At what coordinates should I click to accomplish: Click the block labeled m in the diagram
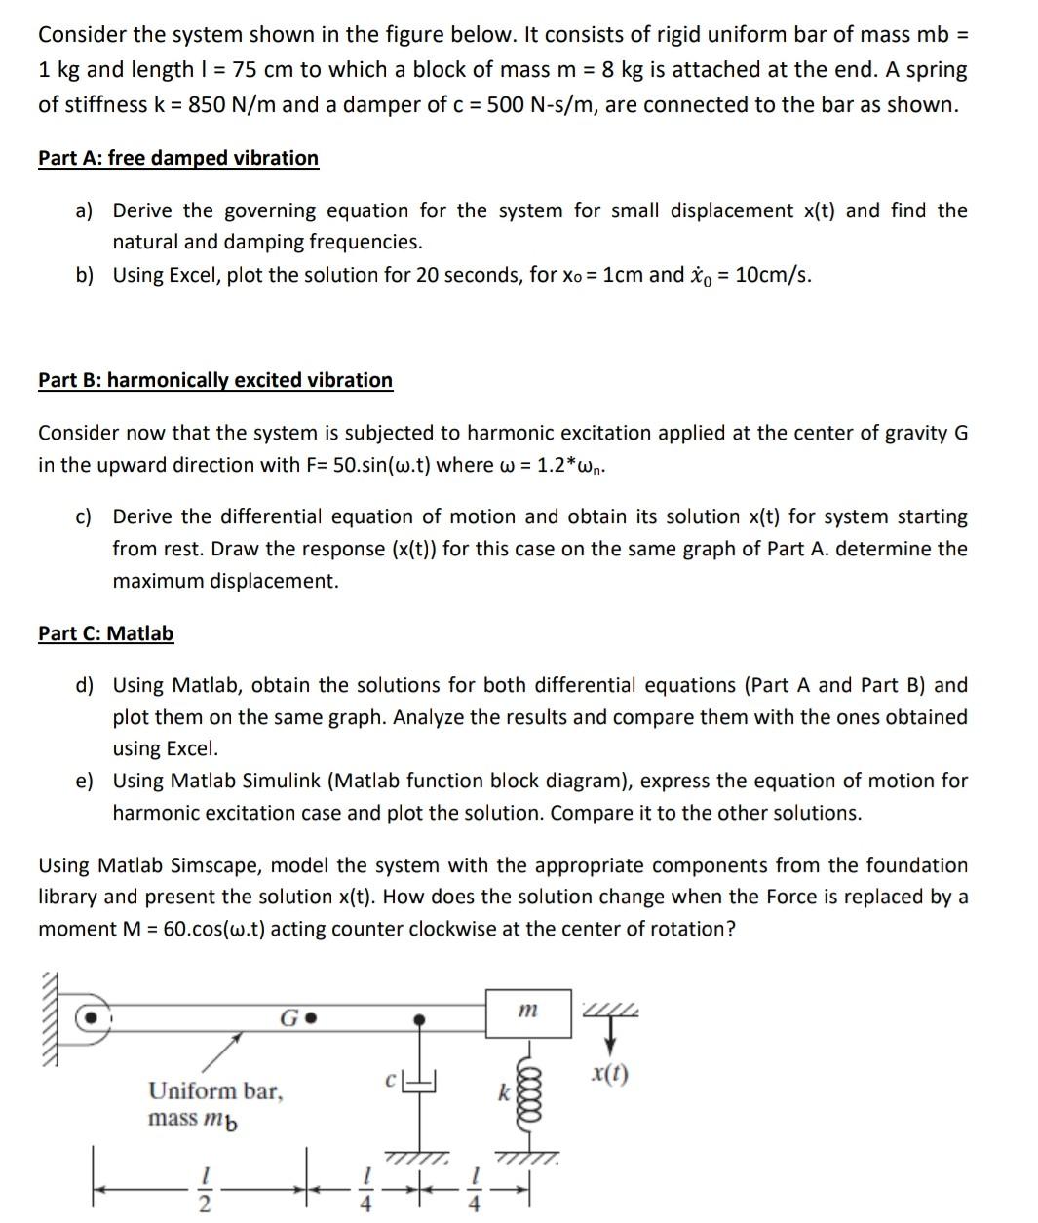pos(527,1013)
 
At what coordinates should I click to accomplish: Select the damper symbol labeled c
pos(420,1082)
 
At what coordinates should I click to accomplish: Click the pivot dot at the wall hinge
pos(92,1016)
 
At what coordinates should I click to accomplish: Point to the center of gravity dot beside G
pos(312,1019)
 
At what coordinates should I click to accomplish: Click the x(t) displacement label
pos(610,1075)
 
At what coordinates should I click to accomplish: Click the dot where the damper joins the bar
pos(420,1019)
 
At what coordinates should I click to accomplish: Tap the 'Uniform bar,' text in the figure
pos(215,1090)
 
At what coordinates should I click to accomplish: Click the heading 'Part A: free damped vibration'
pos(178,158)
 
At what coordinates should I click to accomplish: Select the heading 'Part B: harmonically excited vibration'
pos(215,380)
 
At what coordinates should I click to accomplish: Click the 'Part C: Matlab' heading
pos(105,633)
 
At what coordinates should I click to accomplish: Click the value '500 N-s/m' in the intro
pos(540,105)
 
